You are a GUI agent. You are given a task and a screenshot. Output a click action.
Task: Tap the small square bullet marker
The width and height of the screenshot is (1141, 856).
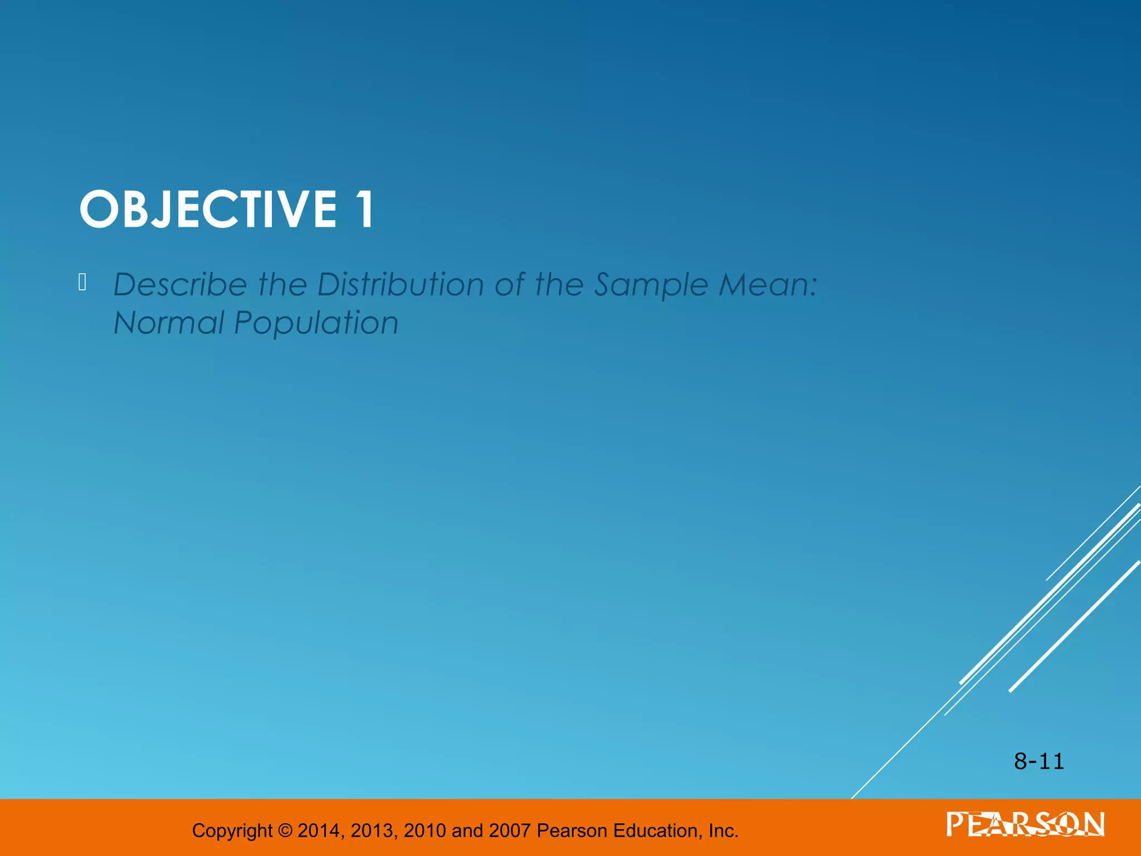(82, 283)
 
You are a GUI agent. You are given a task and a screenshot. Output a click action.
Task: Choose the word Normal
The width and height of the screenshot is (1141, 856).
(168, 323)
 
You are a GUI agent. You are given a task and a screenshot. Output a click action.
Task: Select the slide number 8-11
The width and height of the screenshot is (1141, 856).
(1039, 761)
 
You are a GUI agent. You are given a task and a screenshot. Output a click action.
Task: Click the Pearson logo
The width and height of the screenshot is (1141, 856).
(1025, 824)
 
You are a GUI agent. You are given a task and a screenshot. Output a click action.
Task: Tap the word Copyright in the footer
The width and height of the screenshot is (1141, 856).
(232, 831)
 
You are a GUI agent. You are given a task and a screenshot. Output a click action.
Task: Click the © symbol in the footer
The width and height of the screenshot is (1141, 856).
(285, 831)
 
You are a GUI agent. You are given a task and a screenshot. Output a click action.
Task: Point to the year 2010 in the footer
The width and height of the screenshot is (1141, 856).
(425, 831)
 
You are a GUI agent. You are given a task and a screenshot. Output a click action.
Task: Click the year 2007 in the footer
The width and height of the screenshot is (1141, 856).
(510, 831)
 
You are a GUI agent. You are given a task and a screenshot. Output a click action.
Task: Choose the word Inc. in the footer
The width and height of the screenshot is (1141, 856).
(723, 831)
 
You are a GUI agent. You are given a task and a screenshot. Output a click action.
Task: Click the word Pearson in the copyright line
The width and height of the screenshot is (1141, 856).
(572, 831)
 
